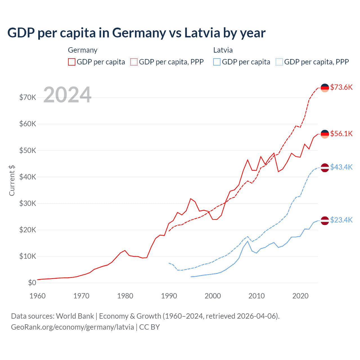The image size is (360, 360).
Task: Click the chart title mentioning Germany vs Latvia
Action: point(136,33)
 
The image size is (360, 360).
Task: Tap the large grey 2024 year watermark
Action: point(67,95)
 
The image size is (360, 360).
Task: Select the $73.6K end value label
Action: point(341,87)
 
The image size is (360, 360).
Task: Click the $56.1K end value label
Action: point(341,134)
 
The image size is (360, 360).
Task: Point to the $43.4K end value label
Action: point(341,167)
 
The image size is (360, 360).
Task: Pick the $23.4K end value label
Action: point(341,220)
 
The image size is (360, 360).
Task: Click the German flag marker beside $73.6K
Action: point(325,88)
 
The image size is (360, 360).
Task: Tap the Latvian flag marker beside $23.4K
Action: point(325,221)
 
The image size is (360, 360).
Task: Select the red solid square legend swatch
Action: point(72,62)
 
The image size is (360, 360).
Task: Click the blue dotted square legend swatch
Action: point(279,62)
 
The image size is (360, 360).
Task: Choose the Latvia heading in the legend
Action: point(223,50)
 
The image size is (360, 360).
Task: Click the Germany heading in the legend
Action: point(83,50)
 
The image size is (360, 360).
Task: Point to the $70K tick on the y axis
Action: point(28,98)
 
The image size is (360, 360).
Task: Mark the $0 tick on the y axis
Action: point(32,283)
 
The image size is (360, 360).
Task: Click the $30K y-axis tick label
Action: point(28,203)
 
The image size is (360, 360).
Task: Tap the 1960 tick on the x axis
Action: point(37,296)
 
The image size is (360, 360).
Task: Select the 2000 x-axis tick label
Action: point(213,296)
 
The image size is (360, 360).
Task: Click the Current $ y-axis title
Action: point(12,181)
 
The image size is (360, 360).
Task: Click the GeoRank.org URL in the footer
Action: point(72,327)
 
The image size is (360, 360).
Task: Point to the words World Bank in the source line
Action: point(75,316)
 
